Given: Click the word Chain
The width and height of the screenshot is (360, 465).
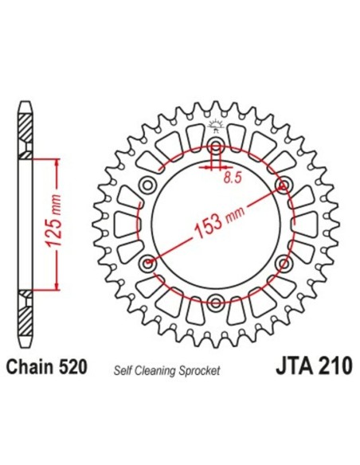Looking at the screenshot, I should click(x=29, y=368).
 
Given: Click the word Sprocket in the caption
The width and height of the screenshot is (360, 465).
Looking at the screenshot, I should click(x=200, y=371).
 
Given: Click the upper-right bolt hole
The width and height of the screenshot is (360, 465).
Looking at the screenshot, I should click(x=284, y=186).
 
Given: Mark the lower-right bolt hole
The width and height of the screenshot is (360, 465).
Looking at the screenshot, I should click(x=284, y=263).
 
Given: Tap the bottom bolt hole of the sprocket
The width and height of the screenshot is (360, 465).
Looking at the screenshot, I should click(x=216, y=301).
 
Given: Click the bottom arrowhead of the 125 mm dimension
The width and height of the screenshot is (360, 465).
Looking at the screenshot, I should click(x=57, y=286).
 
